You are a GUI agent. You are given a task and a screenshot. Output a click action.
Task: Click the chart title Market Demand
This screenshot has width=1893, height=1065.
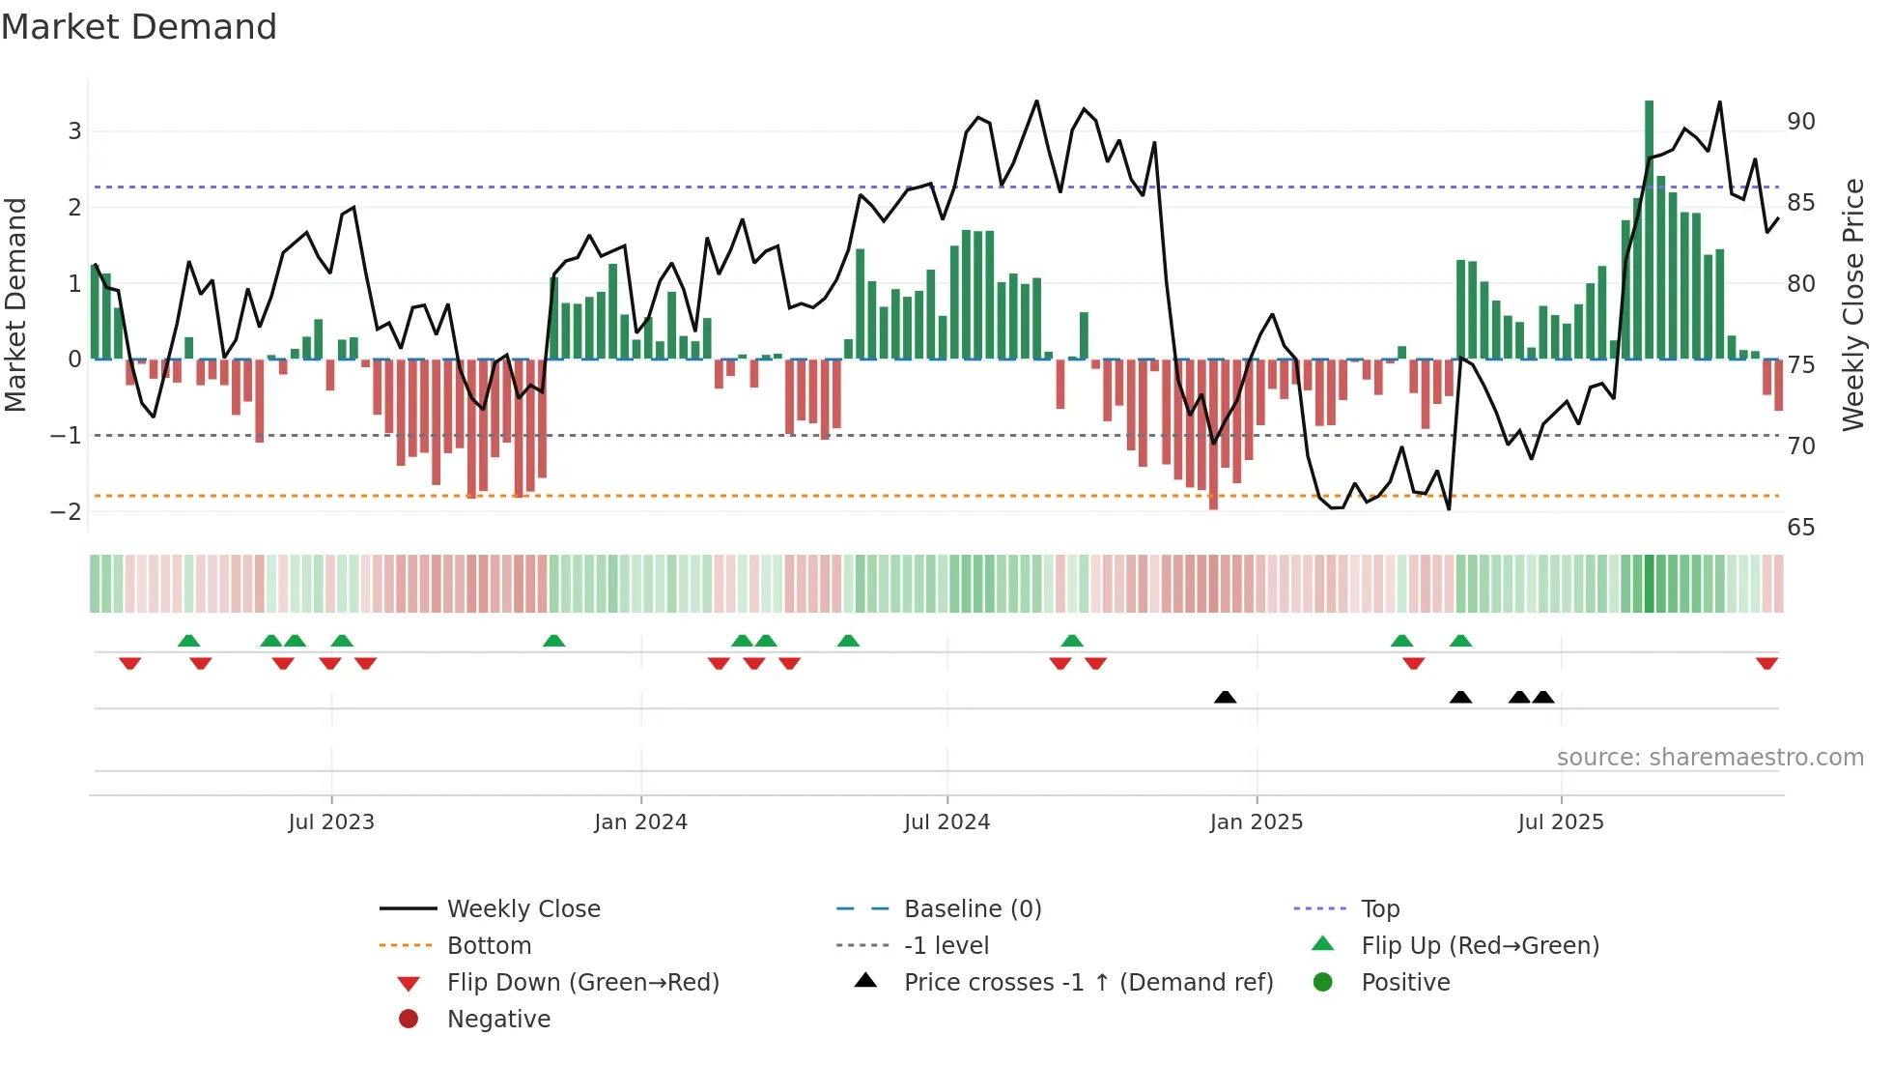[139, 27]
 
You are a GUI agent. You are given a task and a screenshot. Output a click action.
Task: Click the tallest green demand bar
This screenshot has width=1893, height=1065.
[1649, 229]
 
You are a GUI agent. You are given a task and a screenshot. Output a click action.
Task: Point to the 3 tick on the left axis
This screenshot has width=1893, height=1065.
[74, 131]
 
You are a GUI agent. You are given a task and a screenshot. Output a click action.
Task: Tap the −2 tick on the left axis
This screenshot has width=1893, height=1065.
[67, 512]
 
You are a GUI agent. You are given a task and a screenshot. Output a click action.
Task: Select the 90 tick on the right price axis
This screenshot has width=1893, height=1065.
[1800, 122]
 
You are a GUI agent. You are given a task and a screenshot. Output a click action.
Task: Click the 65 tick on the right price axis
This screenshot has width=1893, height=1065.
[1800, 528]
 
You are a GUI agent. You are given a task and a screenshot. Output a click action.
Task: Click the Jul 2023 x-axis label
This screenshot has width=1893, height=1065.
[331, 822]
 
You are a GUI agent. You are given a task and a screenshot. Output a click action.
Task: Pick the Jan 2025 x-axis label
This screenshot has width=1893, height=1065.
[1256, 822]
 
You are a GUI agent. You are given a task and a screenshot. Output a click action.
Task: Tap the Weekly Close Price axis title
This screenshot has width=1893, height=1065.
[1852, 304]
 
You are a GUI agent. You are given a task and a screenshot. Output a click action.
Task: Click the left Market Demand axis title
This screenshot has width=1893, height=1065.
[16, 304]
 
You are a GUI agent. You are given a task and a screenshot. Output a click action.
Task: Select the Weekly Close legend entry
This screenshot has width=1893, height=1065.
[523, 909]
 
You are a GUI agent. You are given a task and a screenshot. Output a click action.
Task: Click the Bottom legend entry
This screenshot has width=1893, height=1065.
[489, 946]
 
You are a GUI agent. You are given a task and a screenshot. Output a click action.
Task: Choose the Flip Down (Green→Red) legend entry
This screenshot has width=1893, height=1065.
[582, 983]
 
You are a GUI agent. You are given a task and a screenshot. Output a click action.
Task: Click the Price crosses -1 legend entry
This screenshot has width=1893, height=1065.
[1088, 983]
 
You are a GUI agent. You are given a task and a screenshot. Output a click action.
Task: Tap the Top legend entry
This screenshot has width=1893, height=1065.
[1379, 909]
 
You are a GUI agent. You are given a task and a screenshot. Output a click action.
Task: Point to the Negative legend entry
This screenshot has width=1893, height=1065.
[498, 1020]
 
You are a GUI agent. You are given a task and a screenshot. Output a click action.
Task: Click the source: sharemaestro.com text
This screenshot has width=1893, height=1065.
[1709, 758]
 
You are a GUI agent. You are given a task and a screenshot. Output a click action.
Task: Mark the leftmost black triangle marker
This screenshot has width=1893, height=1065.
[1225, 697]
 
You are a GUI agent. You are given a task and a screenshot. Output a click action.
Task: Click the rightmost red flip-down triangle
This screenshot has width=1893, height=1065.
[1766, 663]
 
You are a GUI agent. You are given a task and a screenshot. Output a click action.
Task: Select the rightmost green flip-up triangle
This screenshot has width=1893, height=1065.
[1460, 641]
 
